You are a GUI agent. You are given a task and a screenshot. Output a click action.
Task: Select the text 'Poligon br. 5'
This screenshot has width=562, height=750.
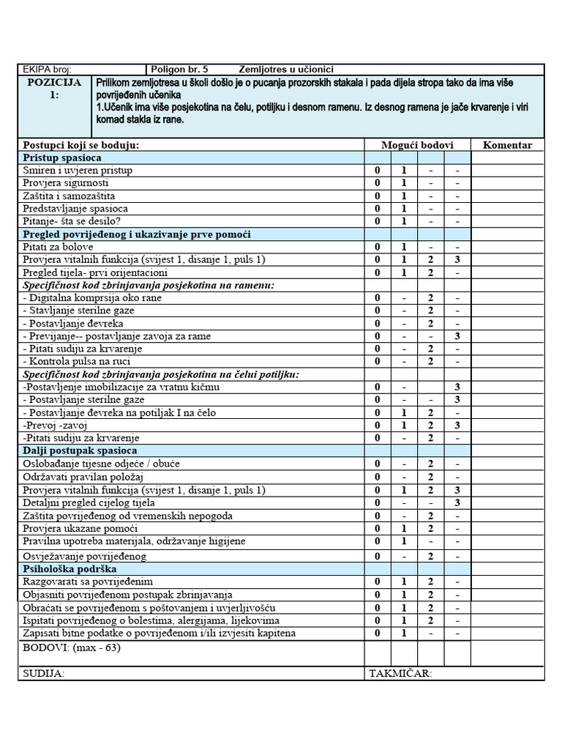(179, 69)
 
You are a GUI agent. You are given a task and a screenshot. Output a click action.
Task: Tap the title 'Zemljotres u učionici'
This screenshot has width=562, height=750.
(286, 69)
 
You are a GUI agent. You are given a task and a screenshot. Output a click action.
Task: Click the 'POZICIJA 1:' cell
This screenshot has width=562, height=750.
(55, 89)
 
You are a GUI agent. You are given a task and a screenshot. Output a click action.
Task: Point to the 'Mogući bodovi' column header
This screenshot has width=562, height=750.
(418, 145)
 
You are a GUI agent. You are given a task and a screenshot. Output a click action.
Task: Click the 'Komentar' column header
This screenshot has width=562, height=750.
(507, 145)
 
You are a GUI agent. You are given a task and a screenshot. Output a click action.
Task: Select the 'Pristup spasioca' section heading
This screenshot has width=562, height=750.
(62, 157)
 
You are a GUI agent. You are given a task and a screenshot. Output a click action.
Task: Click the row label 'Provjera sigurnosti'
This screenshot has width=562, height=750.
(66, 183)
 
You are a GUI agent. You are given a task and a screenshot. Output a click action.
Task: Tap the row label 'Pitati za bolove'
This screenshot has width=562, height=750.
(58, 247)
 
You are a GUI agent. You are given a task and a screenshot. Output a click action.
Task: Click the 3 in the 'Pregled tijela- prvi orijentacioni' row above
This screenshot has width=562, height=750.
(457, 260)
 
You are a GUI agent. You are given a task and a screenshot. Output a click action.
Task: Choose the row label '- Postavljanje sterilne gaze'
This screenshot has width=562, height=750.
(83, 400)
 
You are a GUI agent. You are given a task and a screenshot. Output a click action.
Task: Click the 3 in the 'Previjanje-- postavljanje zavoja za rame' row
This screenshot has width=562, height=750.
(457, 336)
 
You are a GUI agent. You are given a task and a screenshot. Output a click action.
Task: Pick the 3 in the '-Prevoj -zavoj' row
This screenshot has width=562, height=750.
(457, 426)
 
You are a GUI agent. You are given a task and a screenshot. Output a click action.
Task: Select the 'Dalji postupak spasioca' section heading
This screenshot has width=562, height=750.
(80, 450)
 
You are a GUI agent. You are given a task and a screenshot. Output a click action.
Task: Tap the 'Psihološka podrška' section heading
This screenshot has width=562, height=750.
(70, 568)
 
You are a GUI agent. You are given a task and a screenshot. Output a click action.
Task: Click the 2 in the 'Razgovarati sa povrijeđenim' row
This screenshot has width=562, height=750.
(431, 582)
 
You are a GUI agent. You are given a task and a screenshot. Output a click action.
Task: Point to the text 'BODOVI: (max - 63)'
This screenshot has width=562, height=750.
(72, 647)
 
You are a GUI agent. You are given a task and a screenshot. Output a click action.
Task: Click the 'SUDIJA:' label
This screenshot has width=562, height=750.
(44, 673)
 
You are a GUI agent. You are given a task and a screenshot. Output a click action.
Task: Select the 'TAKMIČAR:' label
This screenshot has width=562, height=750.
(400, 673)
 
